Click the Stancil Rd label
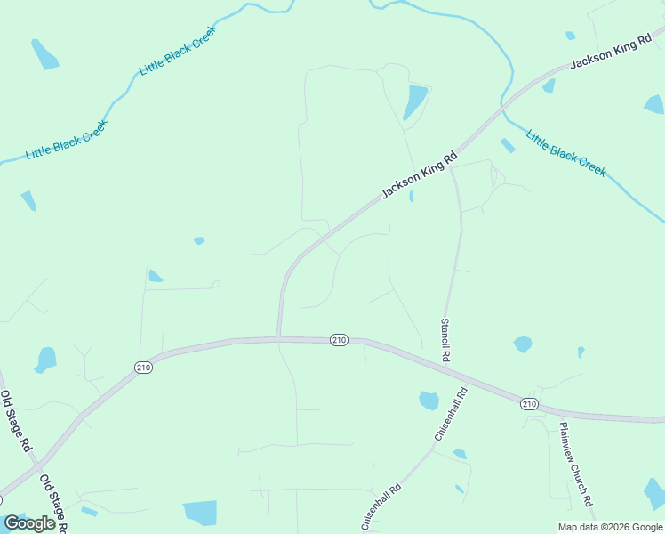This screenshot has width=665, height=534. [x=446, y=339]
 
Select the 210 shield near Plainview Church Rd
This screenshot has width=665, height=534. [x=530, y=403]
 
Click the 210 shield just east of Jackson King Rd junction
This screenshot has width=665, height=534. [x=339, y=340]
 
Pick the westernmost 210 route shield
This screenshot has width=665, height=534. [x=144, y=367]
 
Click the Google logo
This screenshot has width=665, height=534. [x=29, y=523]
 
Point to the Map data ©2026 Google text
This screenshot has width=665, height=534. [x=610, y=527]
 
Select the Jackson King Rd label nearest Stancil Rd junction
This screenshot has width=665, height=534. [x=419, y=174]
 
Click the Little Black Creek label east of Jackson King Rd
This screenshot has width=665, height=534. [x=565, y=153]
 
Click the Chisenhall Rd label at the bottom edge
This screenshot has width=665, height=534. [x=382, y=506]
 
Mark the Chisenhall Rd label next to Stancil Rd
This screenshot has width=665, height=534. [x=451, y=415]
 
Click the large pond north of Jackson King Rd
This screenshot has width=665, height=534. [x=414, y=100]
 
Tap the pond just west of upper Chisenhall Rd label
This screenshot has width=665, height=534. [x=429, y=400]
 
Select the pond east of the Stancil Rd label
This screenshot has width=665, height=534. [x=523, y=344]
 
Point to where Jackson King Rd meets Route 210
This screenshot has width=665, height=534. [x=278, y=337]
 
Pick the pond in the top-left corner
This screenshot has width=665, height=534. [x=44, y=54]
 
